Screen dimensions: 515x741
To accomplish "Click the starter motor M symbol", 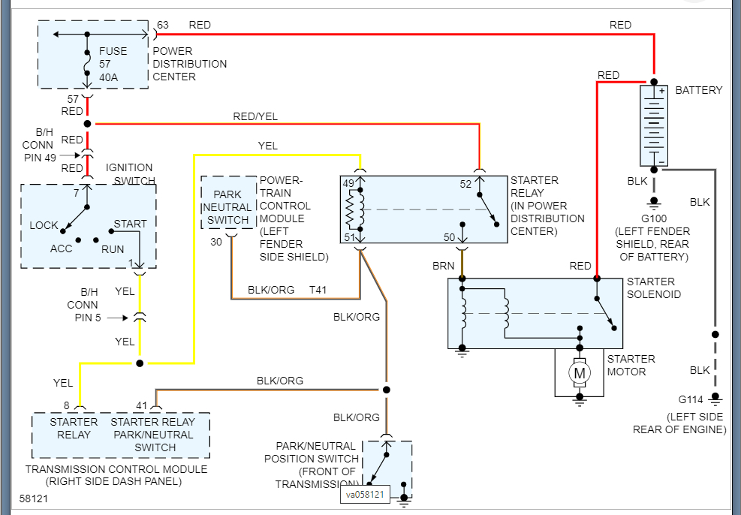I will [579, 372].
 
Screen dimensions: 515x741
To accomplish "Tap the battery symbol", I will [653, 125].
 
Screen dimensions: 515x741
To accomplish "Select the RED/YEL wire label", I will [255, 116].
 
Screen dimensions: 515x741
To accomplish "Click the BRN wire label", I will [443, 266].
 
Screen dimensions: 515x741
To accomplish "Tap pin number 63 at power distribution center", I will [163, 25].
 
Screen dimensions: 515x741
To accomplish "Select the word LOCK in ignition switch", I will [44, 225].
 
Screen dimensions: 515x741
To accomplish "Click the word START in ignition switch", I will [130, 224].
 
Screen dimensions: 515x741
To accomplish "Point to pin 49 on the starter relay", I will [348, 183].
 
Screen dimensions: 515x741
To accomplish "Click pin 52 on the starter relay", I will [466, 183].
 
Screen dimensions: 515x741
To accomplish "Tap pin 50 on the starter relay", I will [450, 237].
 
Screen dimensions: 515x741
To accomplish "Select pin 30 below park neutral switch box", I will [216, 242].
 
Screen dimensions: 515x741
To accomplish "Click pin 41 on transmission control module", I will [142, 405].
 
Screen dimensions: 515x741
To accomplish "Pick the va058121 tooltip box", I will [366, 495].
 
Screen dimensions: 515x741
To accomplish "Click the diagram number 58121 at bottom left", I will [35, 498].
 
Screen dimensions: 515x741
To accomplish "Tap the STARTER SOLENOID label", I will [654, 288].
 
